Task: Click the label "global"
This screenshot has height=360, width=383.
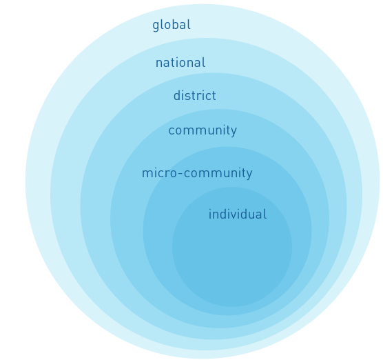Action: pos(172,25)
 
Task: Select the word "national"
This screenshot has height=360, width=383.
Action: pos(180,63)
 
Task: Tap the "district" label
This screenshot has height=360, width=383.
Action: pos(195,95)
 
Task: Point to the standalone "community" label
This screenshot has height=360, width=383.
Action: pos(203,130)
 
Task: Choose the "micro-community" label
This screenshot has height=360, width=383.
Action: pos(197,173)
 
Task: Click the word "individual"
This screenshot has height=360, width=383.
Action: pos(238,214)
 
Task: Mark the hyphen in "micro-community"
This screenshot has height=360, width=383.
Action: pos(180,174)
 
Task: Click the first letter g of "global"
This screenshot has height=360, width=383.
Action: pos(156,26)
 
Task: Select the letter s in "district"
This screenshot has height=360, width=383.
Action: pos(190,97)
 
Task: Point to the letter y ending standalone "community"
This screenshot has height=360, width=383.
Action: pos(234,132)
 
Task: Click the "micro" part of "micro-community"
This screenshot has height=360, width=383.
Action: pos(160,173)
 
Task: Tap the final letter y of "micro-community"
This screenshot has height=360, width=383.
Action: pos(249,175)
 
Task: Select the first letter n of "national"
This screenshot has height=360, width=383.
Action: pos(159,64)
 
